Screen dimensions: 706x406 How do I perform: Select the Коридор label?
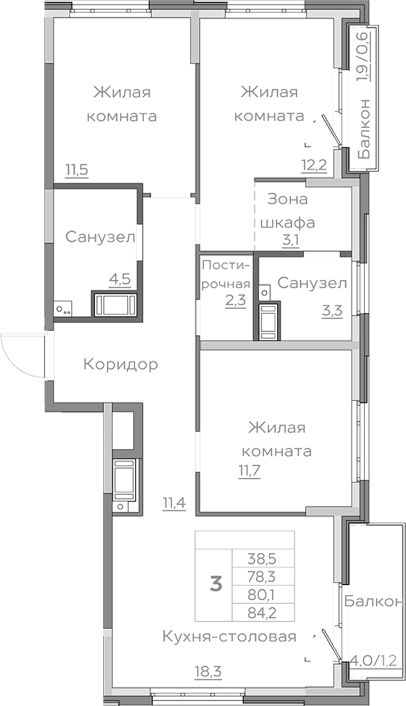pos(120,364)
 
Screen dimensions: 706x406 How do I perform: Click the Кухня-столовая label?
pos(228,637)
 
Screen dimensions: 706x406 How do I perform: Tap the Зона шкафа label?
pos(288,210)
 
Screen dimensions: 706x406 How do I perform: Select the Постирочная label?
pos(226,274)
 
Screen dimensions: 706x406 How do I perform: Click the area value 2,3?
pos(235,299)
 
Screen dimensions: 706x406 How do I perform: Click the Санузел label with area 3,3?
pos(312,283)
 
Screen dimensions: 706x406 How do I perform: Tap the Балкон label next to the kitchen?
pos(373,601)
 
